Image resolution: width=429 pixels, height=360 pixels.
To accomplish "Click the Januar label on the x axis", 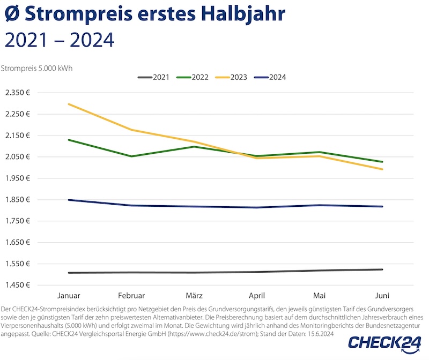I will coord(69,296).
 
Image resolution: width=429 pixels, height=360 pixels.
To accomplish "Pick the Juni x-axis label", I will coord(382,296).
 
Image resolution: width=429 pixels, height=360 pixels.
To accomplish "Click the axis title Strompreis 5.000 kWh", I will coord(36,68).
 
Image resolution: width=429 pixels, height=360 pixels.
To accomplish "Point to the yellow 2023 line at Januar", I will coord(69,104).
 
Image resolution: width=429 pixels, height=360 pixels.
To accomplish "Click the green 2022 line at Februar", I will coord(131,156).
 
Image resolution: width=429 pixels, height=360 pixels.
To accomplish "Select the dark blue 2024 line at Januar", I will coord(69,200).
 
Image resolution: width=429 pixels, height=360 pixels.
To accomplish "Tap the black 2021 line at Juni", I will coord(382,269).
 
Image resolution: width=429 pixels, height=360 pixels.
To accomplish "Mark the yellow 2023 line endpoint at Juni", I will coord(382,169).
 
